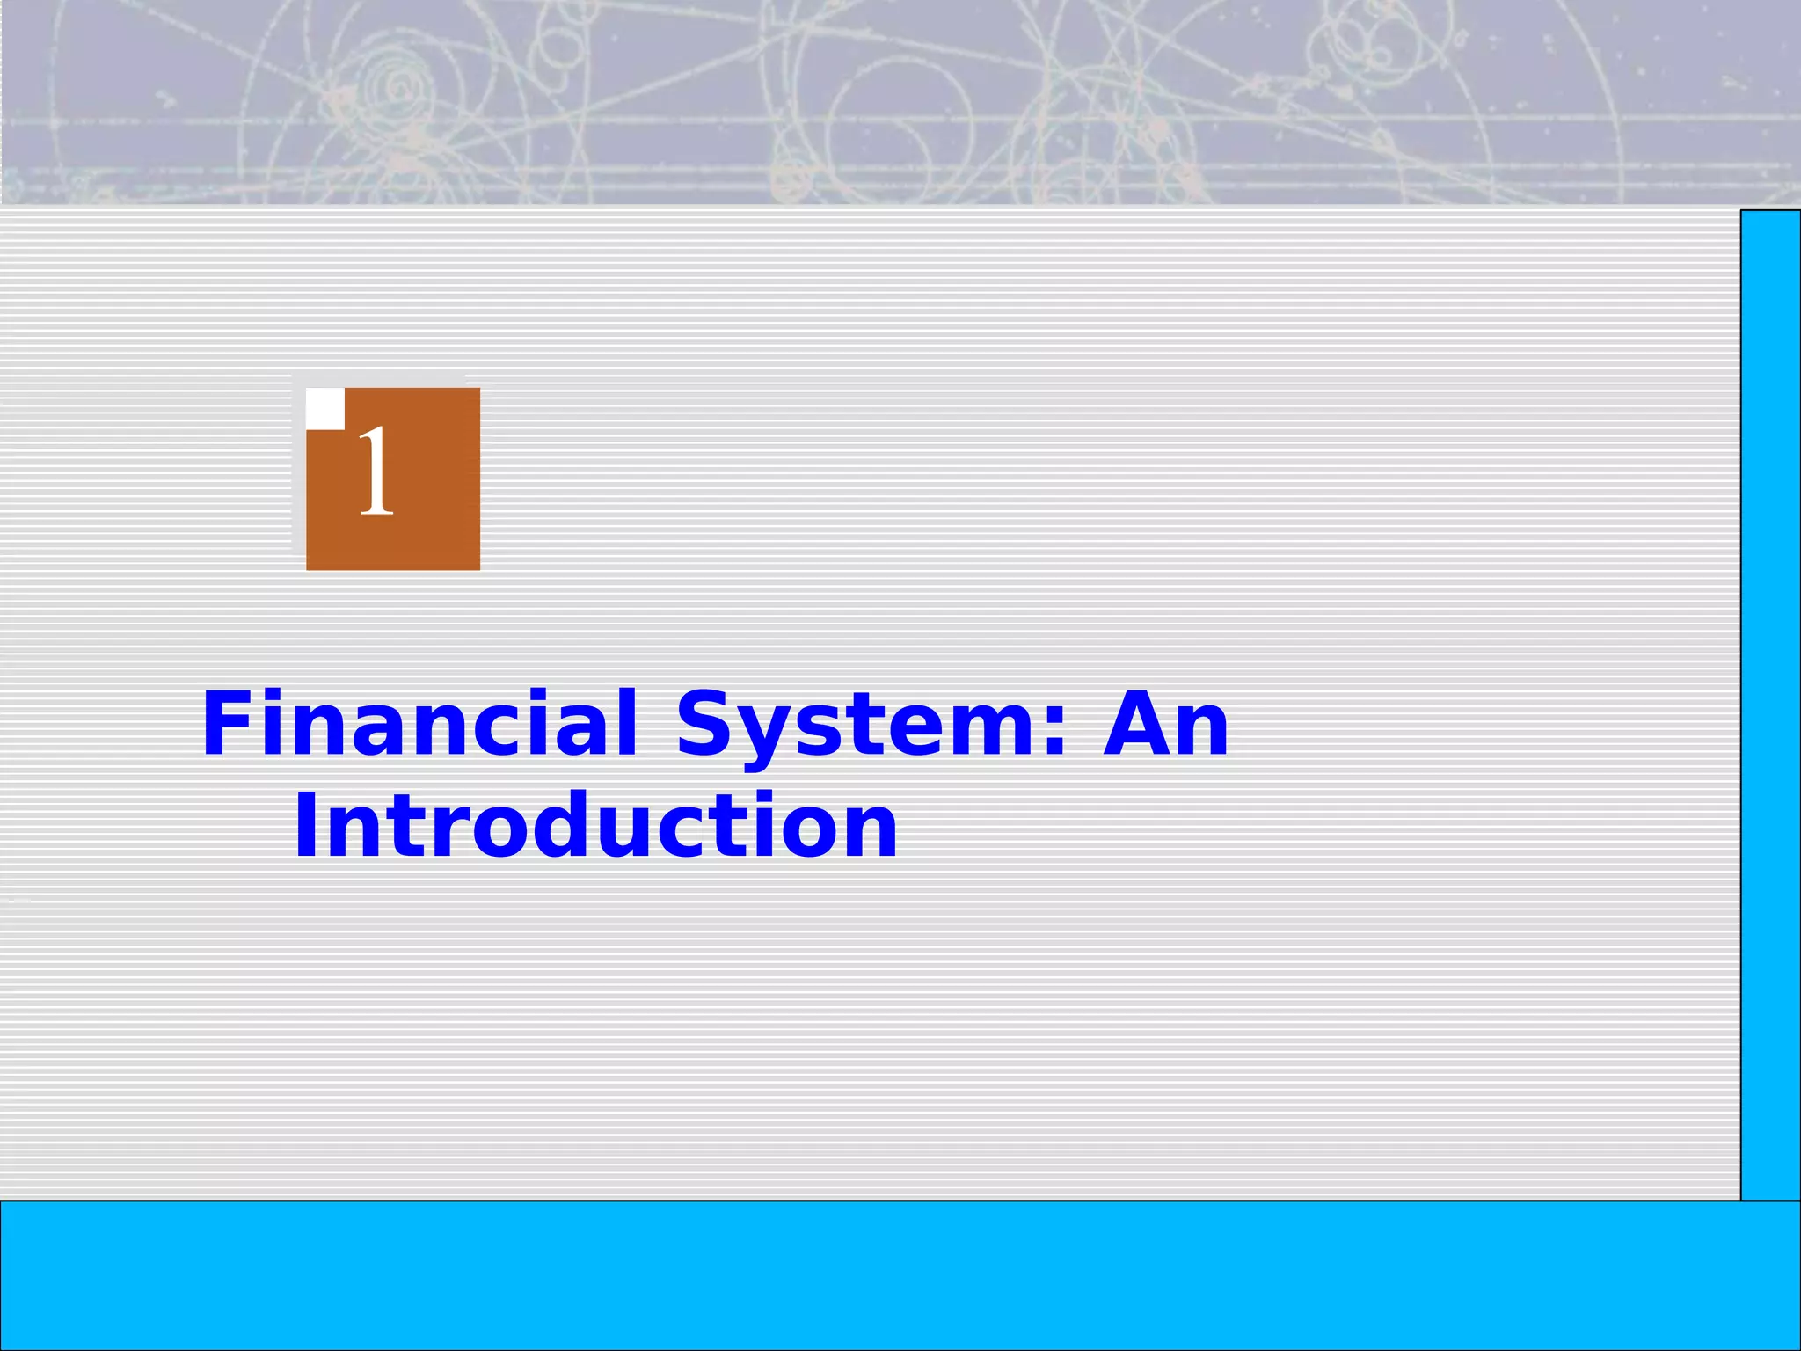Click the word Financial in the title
tap(419, 723)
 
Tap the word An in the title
tap(1165, 723)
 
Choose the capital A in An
tap(1135, 723)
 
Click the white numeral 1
tap(376, 471)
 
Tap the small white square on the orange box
tap(324, 408)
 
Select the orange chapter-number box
tap(413, 510)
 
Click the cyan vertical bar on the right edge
tap(1770, 704)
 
